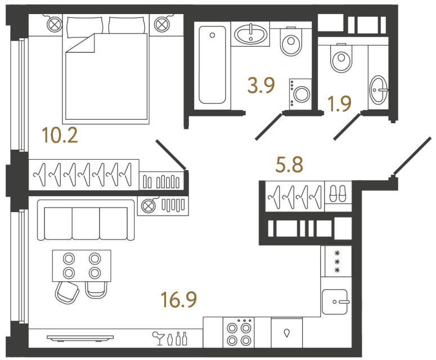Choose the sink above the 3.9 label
tap(250, 35)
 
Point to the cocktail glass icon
tap(157, 338)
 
